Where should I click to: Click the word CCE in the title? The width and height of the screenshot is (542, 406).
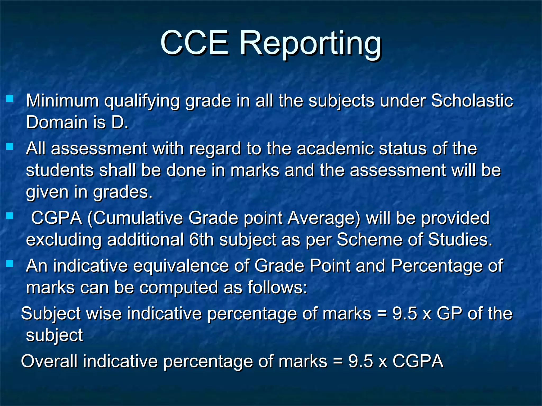point(195,43)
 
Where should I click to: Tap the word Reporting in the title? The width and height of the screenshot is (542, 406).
point(310,44)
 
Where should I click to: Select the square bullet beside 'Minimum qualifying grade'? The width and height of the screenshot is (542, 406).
point(10,99)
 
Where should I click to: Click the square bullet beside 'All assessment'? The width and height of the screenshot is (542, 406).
point(10,146)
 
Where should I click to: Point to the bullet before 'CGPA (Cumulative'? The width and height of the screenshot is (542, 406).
point(10,216)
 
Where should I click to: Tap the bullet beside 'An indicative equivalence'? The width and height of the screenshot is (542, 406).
point(10,264)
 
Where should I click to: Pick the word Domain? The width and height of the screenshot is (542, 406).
point(57,122)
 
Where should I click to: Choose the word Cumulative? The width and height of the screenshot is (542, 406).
point(138,218)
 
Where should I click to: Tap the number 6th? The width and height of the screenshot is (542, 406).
point(201,239)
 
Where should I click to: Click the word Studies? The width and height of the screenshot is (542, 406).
point(460,239)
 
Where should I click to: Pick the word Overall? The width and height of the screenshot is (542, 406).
point(49,361)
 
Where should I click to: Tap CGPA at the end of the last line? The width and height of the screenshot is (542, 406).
point(418,361)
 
